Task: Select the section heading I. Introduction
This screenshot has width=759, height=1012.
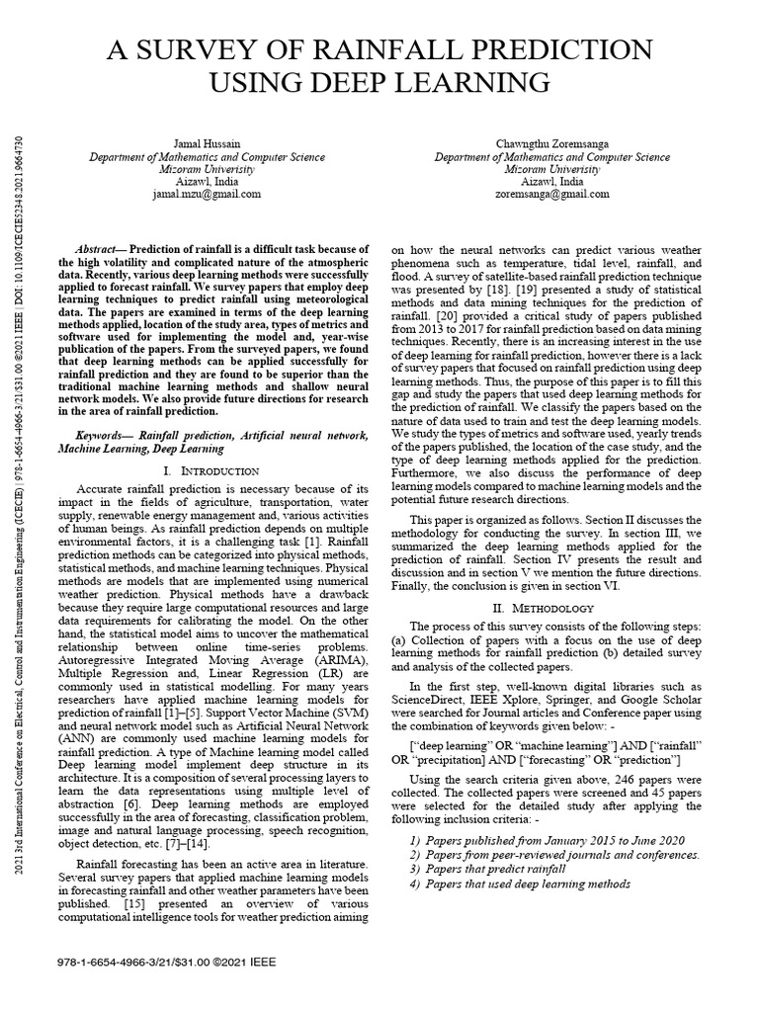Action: pos(211,471)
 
